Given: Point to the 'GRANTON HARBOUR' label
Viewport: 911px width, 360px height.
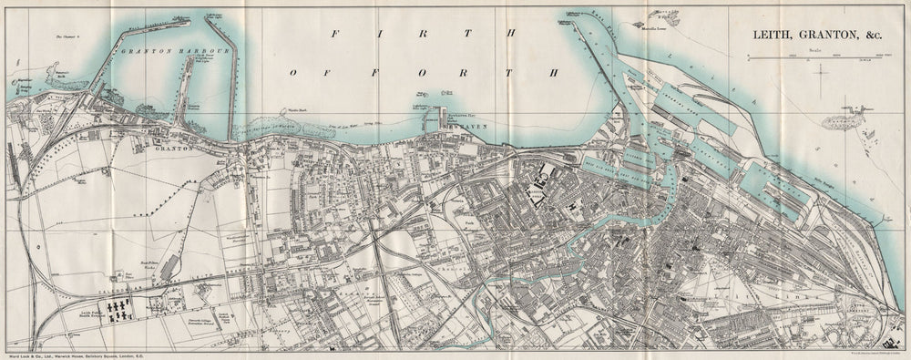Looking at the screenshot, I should click(x=159, y=53).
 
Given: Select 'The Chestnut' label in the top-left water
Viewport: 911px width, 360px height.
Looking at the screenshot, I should click(x=68, y=36).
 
